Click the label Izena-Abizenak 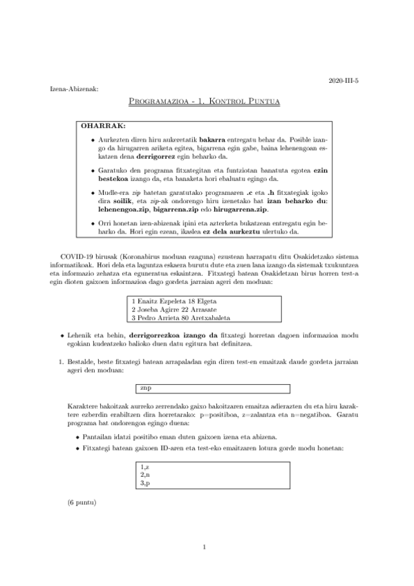pos(75,90)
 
